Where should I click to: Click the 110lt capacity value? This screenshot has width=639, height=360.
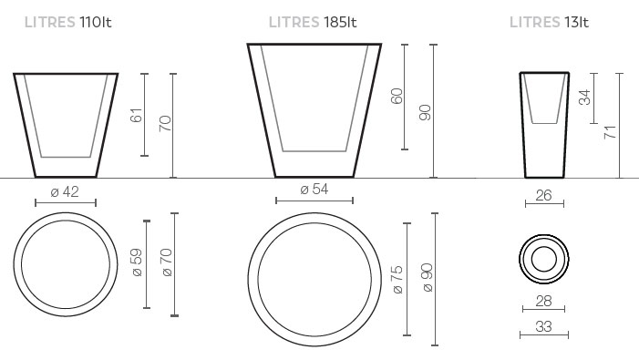point(96,22)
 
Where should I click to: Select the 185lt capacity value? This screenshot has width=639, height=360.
point(340,22)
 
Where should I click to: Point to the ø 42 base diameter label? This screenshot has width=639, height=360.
point(65,191)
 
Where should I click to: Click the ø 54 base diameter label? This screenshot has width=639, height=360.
point(314,190)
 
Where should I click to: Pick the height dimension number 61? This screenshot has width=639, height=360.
point(137,115)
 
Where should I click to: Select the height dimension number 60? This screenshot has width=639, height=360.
point(397,96)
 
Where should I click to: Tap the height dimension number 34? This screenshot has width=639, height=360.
point(585,98)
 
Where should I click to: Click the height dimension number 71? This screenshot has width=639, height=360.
point(610,132)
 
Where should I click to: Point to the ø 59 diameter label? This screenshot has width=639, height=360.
point(137,262)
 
